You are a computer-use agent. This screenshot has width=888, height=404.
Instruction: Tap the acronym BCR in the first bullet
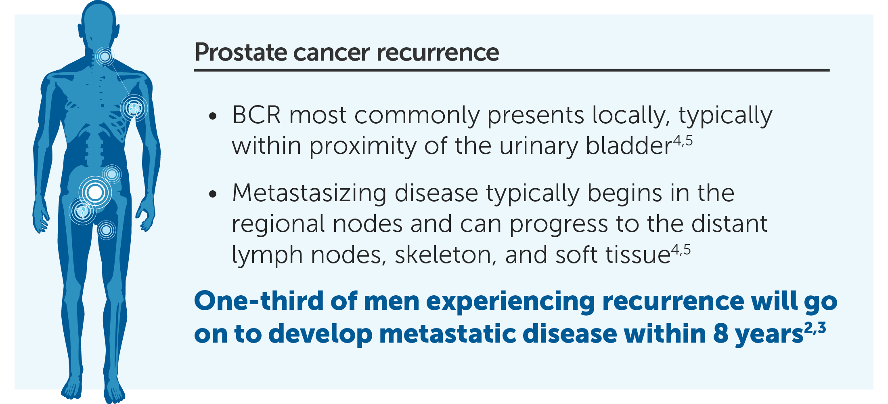point(256,115)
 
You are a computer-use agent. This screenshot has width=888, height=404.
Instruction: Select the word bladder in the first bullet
point(629,145)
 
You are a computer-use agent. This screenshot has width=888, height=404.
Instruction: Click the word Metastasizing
point(309,194)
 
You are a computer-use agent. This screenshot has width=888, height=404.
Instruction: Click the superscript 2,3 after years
point(815,328)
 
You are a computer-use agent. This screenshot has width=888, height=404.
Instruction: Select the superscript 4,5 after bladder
point(683,141)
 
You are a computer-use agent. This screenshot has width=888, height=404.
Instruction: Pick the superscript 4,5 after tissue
point(681,250)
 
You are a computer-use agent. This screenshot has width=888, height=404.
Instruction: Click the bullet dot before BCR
point(213,117)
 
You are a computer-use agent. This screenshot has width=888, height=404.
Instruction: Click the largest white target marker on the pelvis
point(95,192)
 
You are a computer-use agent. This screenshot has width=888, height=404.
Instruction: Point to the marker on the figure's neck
point(105,57)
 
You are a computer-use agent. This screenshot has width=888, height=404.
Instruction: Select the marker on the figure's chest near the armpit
point(134,108)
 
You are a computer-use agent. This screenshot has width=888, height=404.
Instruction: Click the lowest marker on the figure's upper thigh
point(106,230)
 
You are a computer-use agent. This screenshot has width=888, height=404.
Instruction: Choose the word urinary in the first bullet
point(538,146)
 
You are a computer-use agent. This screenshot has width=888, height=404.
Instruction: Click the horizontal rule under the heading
point(512,70)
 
